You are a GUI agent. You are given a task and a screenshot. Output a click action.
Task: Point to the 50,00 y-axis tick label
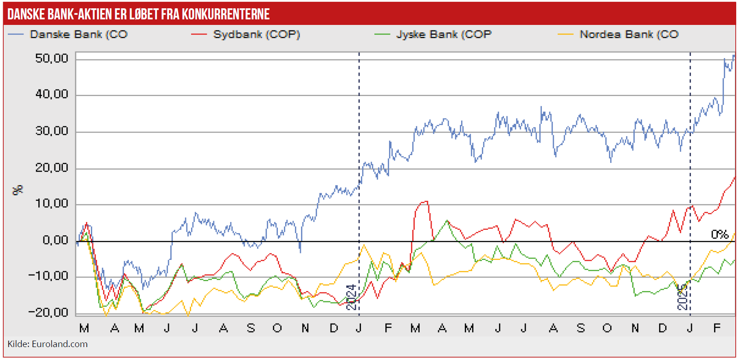(x=52, y=59)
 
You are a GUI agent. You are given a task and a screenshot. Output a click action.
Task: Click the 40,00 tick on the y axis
(x=52, y=95)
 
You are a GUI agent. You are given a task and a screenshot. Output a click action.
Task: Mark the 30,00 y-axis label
(x=52, y=131)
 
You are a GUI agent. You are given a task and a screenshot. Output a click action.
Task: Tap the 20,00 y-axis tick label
(x=52, y=168)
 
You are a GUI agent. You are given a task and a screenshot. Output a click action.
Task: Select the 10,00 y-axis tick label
(x=52, y=204)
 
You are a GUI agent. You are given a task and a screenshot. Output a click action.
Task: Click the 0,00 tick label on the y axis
(x=55, y=240)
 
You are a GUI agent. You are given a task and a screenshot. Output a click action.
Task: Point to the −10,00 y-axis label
(x=48, y=276)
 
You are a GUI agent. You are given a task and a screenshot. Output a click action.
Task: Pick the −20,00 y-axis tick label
(x=48, y=312)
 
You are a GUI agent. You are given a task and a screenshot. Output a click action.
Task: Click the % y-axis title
(x=18, y=190)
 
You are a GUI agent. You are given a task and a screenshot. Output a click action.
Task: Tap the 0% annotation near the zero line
(x=719, y=234)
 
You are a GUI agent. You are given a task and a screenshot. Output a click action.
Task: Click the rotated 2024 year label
(x=352, y=297)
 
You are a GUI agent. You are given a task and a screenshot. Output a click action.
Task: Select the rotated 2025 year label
(x=683, y=296)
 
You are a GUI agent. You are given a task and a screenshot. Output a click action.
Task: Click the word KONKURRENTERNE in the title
(x=226, y=14)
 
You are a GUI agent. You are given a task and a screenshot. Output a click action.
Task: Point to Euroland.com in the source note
(x=60, y=344)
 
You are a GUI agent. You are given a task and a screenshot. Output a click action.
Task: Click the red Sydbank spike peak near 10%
(x=425, y=202)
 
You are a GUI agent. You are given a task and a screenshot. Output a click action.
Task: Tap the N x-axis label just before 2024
(x=305, y=328)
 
